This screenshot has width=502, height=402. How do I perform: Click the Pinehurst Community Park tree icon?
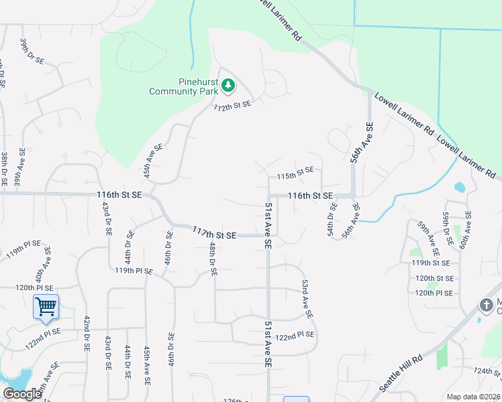[229, 85]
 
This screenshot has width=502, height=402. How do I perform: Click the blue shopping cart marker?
[46, 307]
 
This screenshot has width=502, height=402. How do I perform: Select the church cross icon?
[487, 306]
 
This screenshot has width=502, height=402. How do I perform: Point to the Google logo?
[21, 394]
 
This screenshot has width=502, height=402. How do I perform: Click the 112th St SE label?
[232, 106]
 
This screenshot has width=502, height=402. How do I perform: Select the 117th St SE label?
[214, 234]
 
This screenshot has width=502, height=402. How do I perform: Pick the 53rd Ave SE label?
[307, 299]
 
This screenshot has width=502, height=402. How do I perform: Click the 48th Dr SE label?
[211, 260]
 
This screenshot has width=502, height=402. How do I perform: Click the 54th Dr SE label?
[332, 223]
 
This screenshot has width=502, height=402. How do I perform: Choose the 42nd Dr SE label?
[87, 334]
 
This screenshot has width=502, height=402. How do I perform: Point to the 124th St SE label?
[487, 371]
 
